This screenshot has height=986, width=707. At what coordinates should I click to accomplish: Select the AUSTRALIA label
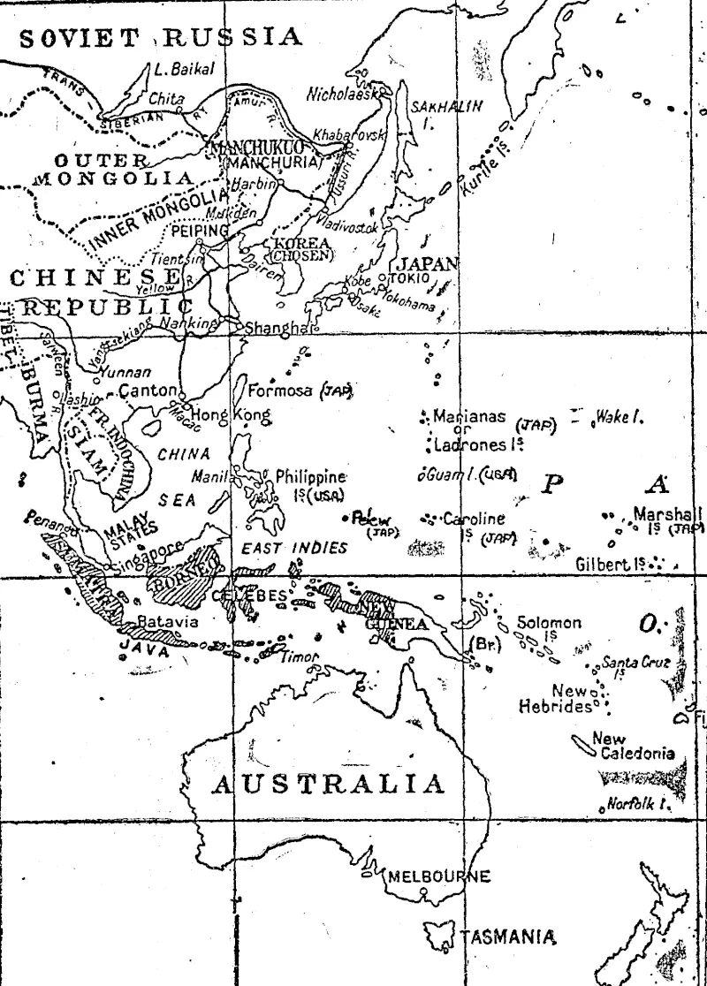[x=328, y=784]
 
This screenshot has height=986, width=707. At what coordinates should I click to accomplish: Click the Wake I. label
[x=619, y=416]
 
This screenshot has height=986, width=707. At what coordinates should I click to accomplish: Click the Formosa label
[x=280, y=390]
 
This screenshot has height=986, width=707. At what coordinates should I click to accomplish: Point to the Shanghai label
[x=273, y=328]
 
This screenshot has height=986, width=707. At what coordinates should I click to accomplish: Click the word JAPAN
[x=427, y=263]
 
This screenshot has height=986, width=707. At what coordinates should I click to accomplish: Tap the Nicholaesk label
[x=343, y=92]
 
